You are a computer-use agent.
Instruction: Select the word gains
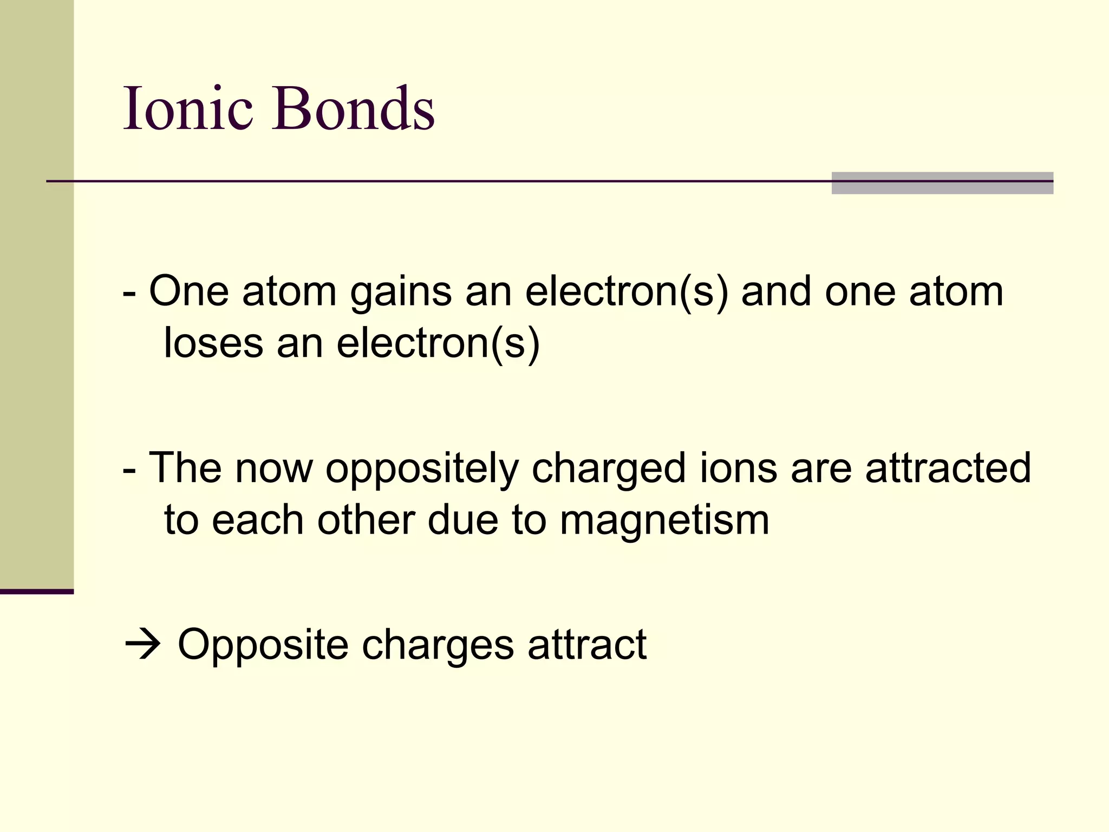tap(401, 292)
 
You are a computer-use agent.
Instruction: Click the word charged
tap(609, 469)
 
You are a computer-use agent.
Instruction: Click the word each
tap(257, 520)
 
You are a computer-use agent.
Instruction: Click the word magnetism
tap(664, 520)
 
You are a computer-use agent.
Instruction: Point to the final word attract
tap(587, 645)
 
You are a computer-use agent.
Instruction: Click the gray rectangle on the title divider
tap(942, 183)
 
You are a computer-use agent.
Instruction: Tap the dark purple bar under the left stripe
tap(37, 591)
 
